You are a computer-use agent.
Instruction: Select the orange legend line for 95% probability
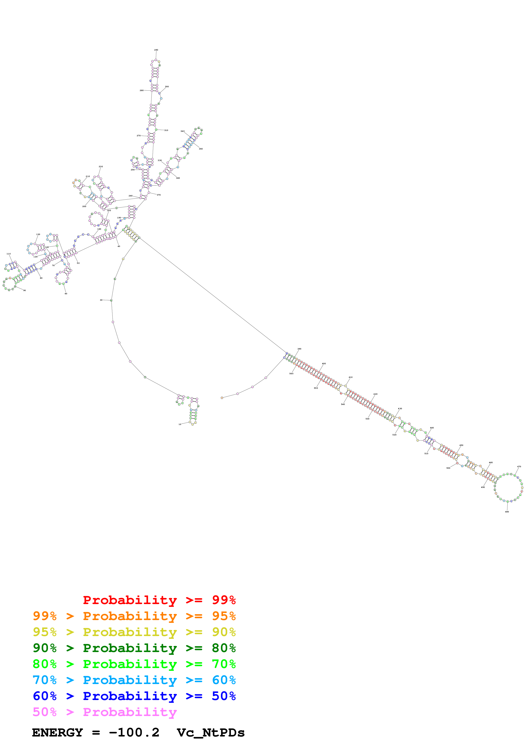point(134,616)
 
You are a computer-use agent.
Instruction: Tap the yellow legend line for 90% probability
point(134,632)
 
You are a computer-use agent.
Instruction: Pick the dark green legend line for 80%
point(134,648)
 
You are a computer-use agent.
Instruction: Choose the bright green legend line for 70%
point(134,664)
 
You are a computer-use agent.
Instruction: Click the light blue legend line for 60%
point(134,680)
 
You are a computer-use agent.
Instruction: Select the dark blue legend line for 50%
point(134,696)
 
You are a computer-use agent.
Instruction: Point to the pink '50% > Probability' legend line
point(104,712)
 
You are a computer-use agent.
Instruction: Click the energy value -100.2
point(134,733)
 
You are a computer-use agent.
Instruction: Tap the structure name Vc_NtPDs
point(211,733)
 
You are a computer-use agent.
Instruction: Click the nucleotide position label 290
point(156,50)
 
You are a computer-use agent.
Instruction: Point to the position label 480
point(507,512)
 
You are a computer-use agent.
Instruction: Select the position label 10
point(180,424)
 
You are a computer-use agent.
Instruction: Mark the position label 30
point(101,300)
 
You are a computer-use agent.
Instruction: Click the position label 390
point(299,349)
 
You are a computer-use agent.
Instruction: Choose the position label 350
point(201,149)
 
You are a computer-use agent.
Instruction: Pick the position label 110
point(9,254)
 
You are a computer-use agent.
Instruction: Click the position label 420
point(376,394)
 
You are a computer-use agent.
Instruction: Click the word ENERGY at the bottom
point(57,733)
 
